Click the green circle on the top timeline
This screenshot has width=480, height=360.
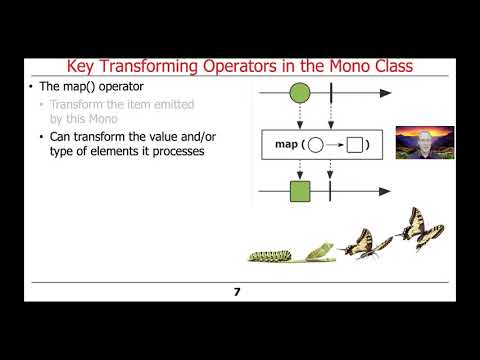tap(298, 97)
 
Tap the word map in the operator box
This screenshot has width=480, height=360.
tap(287, 146)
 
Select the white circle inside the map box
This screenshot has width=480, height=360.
tap(317, 146)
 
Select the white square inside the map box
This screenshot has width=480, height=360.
tap(353, 146)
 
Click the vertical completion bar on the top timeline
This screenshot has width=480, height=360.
tap(330, 97)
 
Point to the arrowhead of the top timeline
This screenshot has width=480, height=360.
tap(383, 97)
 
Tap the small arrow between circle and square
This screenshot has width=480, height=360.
tap(335, 146)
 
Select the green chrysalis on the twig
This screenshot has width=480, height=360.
tap(319, 251)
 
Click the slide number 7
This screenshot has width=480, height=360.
tap(237, 292)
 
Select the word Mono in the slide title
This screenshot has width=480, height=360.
tap(340, 67)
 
